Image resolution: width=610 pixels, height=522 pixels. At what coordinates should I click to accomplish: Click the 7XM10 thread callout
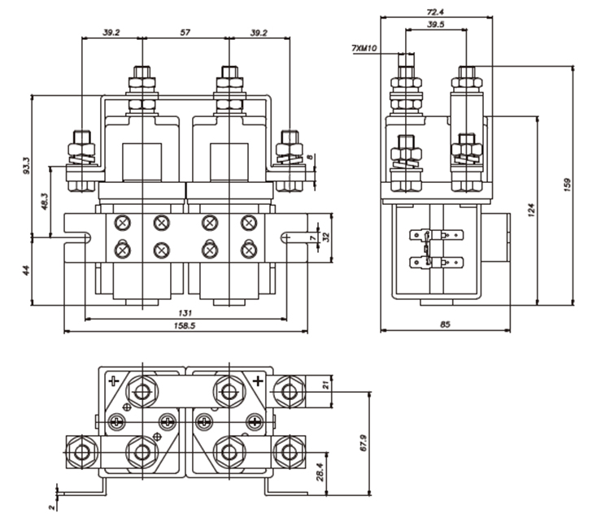pyautogui.click(x=364, y=48)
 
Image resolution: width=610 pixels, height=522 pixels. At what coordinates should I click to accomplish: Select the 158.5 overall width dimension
pyautogui.click(x=185, y=325)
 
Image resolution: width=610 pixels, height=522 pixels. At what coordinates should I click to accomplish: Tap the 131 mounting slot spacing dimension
pyautogui.click(x=185, y=313)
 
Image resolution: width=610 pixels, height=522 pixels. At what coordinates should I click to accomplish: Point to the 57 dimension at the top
pyautogui.click(x=185, y=33)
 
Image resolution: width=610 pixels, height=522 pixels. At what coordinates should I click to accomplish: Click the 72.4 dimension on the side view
pyautogui.click(x=435, y=12)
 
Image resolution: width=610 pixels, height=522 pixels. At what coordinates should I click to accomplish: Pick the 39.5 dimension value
pyautogui.click(x=436, y=24)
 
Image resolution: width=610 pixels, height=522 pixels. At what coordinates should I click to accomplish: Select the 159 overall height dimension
pyautogui.click(x=567, y=185)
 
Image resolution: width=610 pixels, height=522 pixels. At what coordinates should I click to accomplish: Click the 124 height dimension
pyautogui.click(x=531, y=210)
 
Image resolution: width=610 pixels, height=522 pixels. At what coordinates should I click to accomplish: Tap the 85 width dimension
pyautogui.click(x=445, y=324)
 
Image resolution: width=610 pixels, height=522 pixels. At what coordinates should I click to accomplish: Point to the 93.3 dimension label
pyautogui.click(x=26, y=165)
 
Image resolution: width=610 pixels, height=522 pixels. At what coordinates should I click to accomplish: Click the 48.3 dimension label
pyautogui.click(x=45, y=202)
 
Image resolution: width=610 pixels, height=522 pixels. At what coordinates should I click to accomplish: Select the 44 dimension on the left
pyautogui.click(x=26, y=270)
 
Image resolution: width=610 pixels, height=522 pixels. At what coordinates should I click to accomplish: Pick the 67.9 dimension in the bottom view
pyautogui.click(x=364, y=443)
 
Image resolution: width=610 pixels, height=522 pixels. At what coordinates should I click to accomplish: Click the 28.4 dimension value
pyautogui.click(x=320, y=472)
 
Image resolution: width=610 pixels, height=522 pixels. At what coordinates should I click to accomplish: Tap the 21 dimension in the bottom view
pyautogui.click(x=326, y=385)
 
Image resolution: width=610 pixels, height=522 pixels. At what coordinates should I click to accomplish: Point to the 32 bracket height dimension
pyautogui.click(x=326, y=237)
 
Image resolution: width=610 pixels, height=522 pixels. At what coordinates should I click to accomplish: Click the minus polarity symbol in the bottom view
pyautogui.click(x=114, y=381)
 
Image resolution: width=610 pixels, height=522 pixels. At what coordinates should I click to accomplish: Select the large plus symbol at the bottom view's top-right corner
pyautogui.click(x=258, y=381)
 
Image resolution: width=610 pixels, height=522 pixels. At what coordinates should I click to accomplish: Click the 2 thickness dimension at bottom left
pyautogui.click(x=51, y=507)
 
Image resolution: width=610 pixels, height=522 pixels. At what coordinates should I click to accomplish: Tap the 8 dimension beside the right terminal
pyautogui.click(x=310, y=157)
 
